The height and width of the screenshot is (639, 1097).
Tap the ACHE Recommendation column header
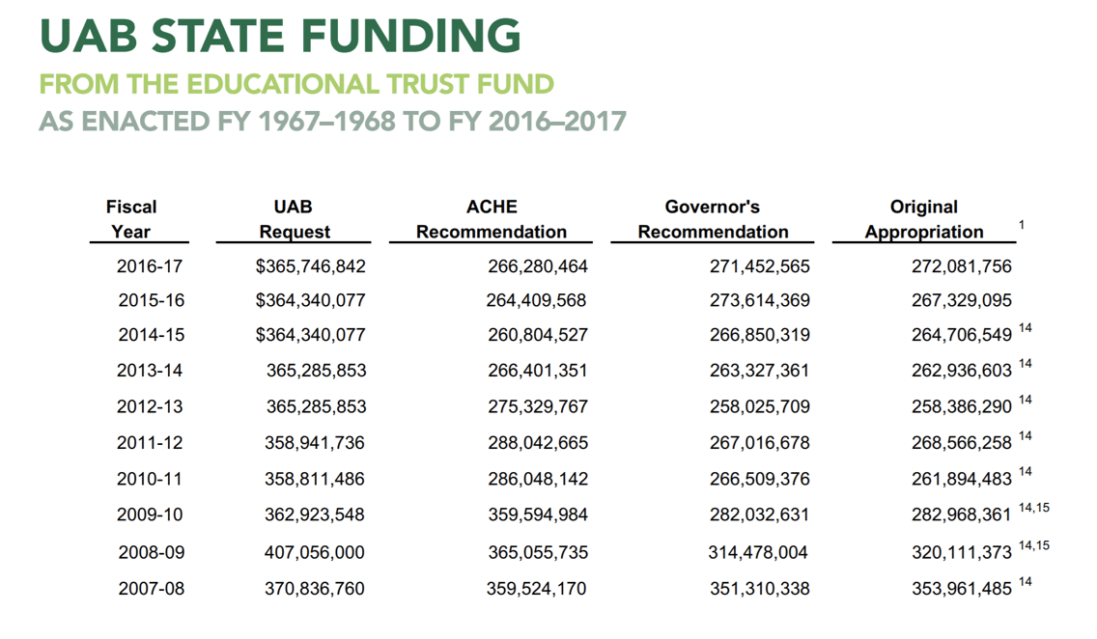tap(492, 219)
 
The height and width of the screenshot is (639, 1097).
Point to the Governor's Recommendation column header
tap(713, 219)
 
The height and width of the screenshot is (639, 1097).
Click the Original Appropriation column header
tap(924, 219)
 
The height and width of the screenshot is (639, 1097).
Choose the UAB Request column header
tap(294, 219)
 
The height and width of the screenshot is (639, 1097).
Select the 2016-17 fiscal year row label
tap(150, 265)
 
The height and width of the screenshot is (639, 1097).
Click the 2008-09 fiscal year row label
tap(151, 553)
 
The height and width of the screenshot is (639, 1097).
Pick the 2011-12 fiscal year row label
tap(150, 443)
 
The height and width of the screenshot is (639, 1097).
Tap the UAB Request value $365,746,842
tap(310, 265)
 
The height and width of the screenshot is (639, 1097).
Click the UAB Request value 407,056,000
tap(315, 553)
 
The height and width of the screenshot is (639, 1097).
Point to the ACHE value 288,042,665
tap(537, 443)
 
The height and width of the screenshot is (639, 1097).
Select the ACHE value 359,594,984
tap(537, 514)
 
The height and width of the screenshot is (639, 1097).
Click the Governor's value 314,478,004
tap(758, 553)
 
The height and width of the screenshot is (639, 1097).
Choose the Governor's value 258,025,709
tap(759, 406)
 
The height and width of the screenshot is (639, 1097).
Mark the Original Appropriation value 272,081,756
tap(962, 265)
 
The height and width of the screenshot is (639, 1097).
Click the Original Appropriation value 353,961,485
tap(962, 588)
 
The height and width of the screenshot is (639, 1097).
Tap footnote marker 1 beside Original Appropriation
tap(1022, 225)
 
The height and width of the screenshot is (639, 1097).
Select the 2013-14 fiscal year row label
tap(150, 370)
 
